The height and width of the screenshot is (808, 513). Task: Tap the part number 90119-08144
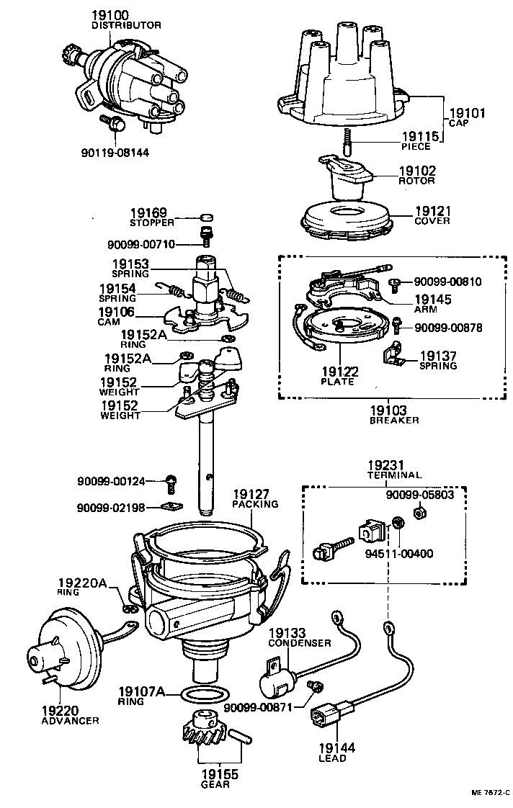[x=115, y=153]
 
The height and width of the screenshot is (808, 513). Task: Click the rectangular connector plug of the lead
[x=326, y=721]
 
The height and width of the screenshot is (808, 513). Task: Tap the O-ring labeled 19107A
[x=205, y=695]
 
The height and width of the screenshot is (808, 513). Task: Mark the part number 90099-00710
[x=141, y=245]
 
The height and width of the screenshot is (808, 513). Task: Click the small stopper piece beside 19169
[x=205, y=217]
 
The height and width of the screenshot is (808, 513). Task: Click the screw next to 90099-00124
[x=171, y=481]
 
